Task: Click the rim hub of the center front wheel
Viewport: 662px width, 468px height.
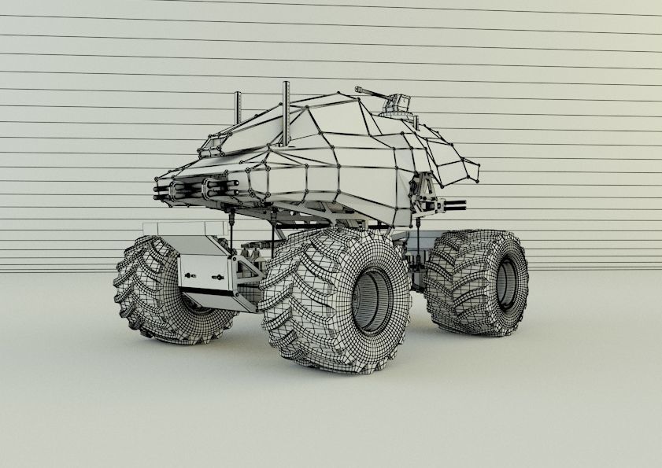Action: point(371,301)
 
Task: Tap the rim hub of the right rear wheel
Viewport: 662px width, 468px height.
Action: point(505,282)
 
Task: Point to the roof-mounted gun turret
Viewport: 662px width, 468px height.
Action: point(398,105)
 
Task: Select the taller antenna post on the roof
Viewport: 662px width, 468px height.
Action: point(287,114)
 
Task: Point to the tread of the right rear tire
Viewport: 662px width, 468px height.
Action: point(460,283)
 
